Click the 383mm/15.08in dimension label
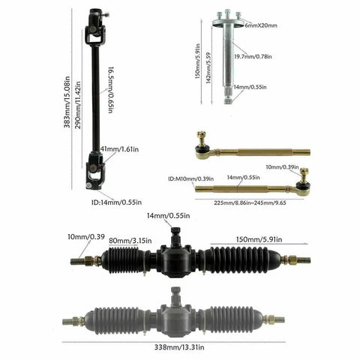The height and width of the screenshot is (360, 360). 67,102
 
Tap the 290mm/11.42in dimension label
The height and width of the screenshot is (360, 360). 78,105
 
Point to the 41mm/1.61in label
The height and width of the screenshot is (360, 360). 119,149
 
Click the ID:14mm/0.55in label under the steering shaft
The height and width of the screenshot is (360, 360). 116,202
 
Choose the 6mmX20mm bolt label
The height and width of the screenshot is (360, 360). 261,25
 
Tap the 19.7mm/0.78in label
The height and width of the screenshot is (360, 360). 253,56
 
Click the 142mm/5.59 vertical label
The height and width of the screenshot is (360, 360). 208,67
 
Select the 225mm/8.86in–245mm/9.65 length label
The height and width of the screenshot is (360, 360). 250,202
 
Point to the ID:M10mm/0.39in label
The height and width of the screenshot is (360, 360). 191,179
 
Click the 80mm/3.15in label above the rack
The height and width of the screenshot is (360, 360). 130,241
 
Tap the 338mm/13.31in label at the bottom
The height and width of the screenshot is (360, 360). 179,347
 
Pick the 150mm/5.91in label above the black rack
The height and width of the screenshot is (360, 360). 259,239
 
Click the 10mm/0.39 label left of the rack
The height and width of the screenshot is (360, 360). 86,236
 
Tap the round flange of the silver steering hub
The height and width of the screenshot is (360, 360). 228,23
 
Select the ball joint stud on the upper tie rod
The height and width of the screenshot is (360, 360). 201,138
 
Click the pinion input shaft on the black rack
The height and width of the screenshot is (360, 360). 176,235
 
